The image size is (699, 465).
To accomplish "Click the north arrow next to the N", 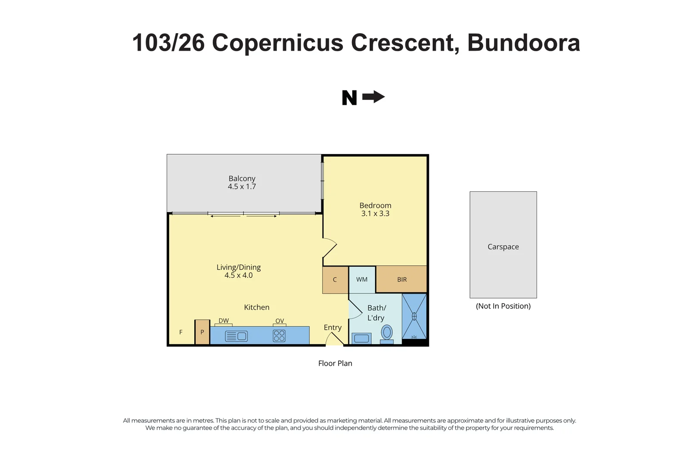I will [x=373, y=97].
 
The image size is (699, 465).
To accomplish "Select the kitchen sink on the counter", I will [x=236, y=336].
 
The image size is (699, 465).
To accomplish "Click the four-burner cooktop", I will [x=279, y=336].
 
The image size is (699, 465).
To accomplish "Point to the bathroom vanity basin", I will [x=361, y=338].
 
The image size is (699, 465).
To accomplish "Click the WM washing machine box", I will [x=362, y=279].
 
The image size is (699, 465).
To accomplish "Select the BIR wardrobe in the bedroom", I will [x=401, y=279].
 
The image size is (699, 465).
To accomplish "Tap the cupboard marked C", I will [x=335, y=279].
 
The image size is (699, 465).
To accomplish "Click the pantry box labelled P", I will [x=202, y=332].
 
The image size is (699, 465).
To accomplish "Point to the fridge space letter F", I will [x=181, y=332].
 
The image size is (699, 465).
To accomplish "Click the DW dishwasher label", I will [x=224, y=321].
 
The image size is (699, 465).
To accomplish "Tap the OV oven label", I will [x=280, y=321].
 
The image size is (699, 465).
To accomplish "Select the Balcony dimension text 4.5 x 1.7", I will [x=242, y=187].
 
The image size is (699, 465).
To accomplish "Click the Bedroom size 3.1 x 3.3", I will [x=375, y=214].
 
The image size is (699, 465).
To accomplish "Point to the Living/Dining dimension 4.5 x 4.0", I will [x=239, y=276].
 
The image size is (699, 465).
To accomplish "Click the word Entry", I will [x=332, y=328].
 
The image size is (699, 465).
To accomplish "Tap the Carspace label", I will [x=503, y=247].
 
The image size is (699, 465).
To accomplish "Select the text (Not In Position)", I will [x=503, y=306].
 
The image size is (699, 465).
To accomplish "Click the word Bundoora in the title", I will [x=524, y=43].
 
